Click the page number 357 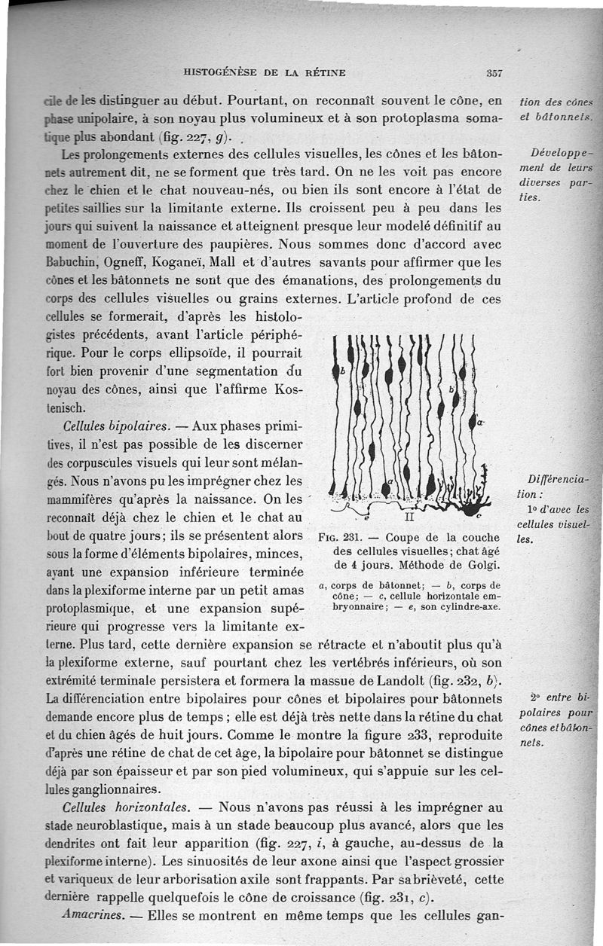494,73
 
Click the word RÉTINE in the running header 324,73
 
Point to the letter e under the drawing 366,518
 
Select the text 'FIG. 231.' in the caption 335,538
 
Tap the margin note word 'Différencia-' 559,480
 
